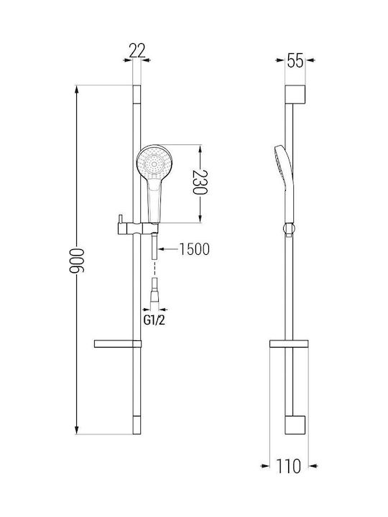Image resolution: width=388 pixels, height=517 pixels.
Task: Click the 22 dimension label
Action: (137, 51)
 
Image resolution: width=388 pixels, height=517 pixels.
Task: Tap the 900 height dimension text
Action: (77, 261)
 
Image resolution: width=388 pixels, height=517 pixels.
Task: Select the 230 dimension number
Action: (200, 182)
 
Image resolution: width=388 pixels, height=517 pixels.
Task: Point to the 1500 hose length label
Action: (194, 249)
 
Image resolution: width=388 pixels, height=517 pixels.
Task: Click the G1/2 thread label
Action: (154, 320)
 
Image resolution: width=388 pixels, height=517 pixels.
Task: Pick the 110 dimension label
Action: (289, 466)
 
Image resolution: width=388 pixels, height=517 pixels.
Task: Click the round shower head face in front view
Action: (154, 163)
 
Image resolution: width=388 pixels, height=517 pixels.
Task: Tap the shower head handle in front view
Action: (154, 202)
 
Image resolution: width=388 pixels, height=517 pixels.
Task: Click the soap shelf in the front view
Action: (118, 344)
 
